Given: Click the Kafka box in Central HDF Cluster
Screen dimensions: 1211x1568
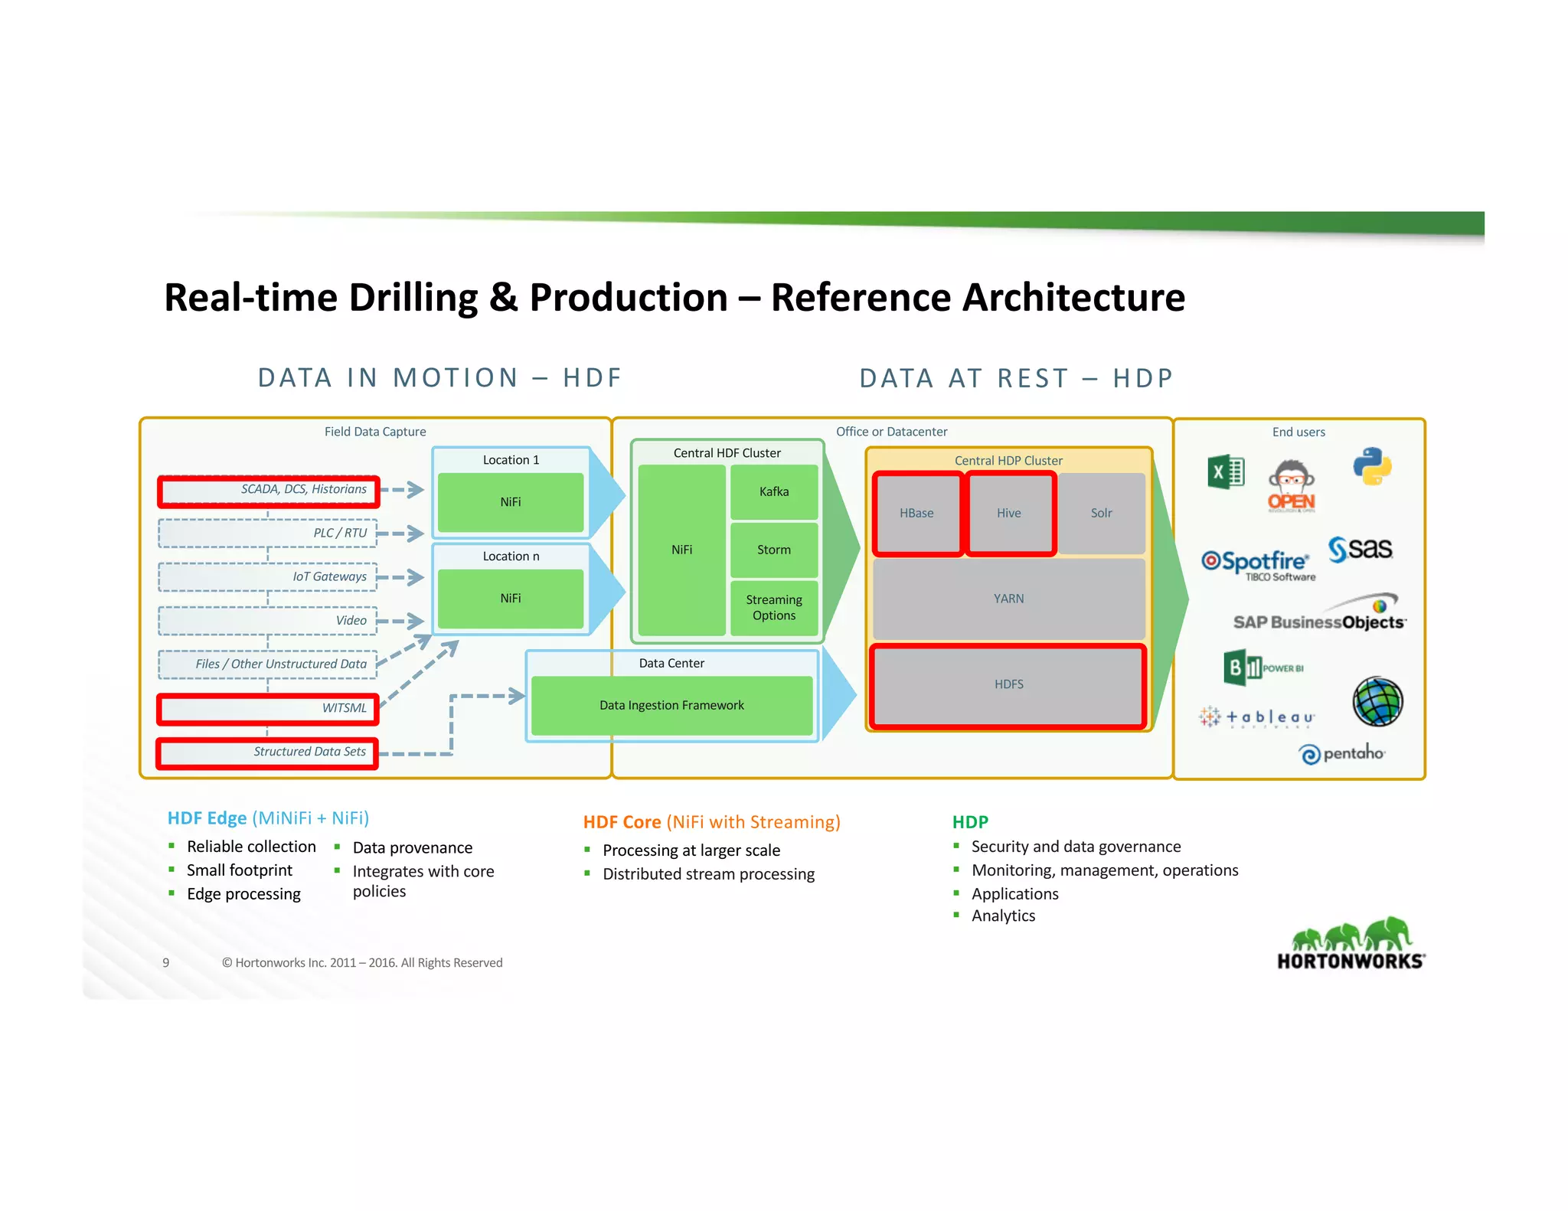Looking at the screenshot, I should tap(773, 492).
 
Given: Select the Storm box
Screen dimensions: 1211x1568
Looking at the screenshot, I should tap(773, 550).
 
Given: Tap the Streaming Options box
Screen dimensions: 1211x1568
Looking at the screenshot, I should tap(773, 608).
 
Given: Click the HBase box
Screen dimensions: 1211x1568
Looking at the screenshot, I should tap(916, 513).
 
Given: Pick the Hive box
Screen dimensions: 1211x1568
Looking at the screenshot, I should tap(1009, 513).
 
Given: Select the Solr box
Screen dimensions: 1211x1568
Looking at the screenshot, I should tap(1101, 513).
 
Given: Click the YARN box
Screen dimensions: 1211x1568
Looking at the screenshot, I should tap(1008, 599).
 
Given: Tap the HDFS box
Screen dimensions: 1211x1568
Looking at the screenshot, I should tap(1008, 684).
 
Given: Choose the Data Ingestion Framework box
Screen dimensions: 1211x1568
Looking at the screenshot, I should tap(671, 705).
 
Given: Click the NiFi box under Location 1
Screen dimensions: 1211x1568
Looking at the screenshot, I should tap(511, 502).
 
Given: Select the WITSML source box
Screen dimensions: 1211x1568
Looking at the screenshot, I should tap(268, 709).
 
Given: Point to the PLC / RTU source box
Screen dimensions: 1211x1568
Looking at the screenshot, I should tap(268, 534).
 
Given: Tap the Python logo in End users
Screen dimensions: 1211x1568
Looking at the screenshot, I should tap(1371, 466).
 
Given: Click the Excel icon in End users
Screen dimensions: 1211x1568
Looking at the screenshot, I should tap(1226, 472).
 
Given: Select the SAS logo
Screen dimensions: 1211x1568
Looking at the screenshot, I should tap(1360, 549).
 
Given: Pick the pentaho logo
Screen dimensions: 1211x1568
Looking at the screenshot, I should tap(1342, 754).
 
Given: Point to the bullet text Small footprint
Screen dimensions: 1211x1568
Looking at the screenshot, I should tap(240, 870).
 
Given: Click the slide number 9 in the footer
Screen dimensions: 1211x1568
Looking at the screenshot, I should tap(166, 963).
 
